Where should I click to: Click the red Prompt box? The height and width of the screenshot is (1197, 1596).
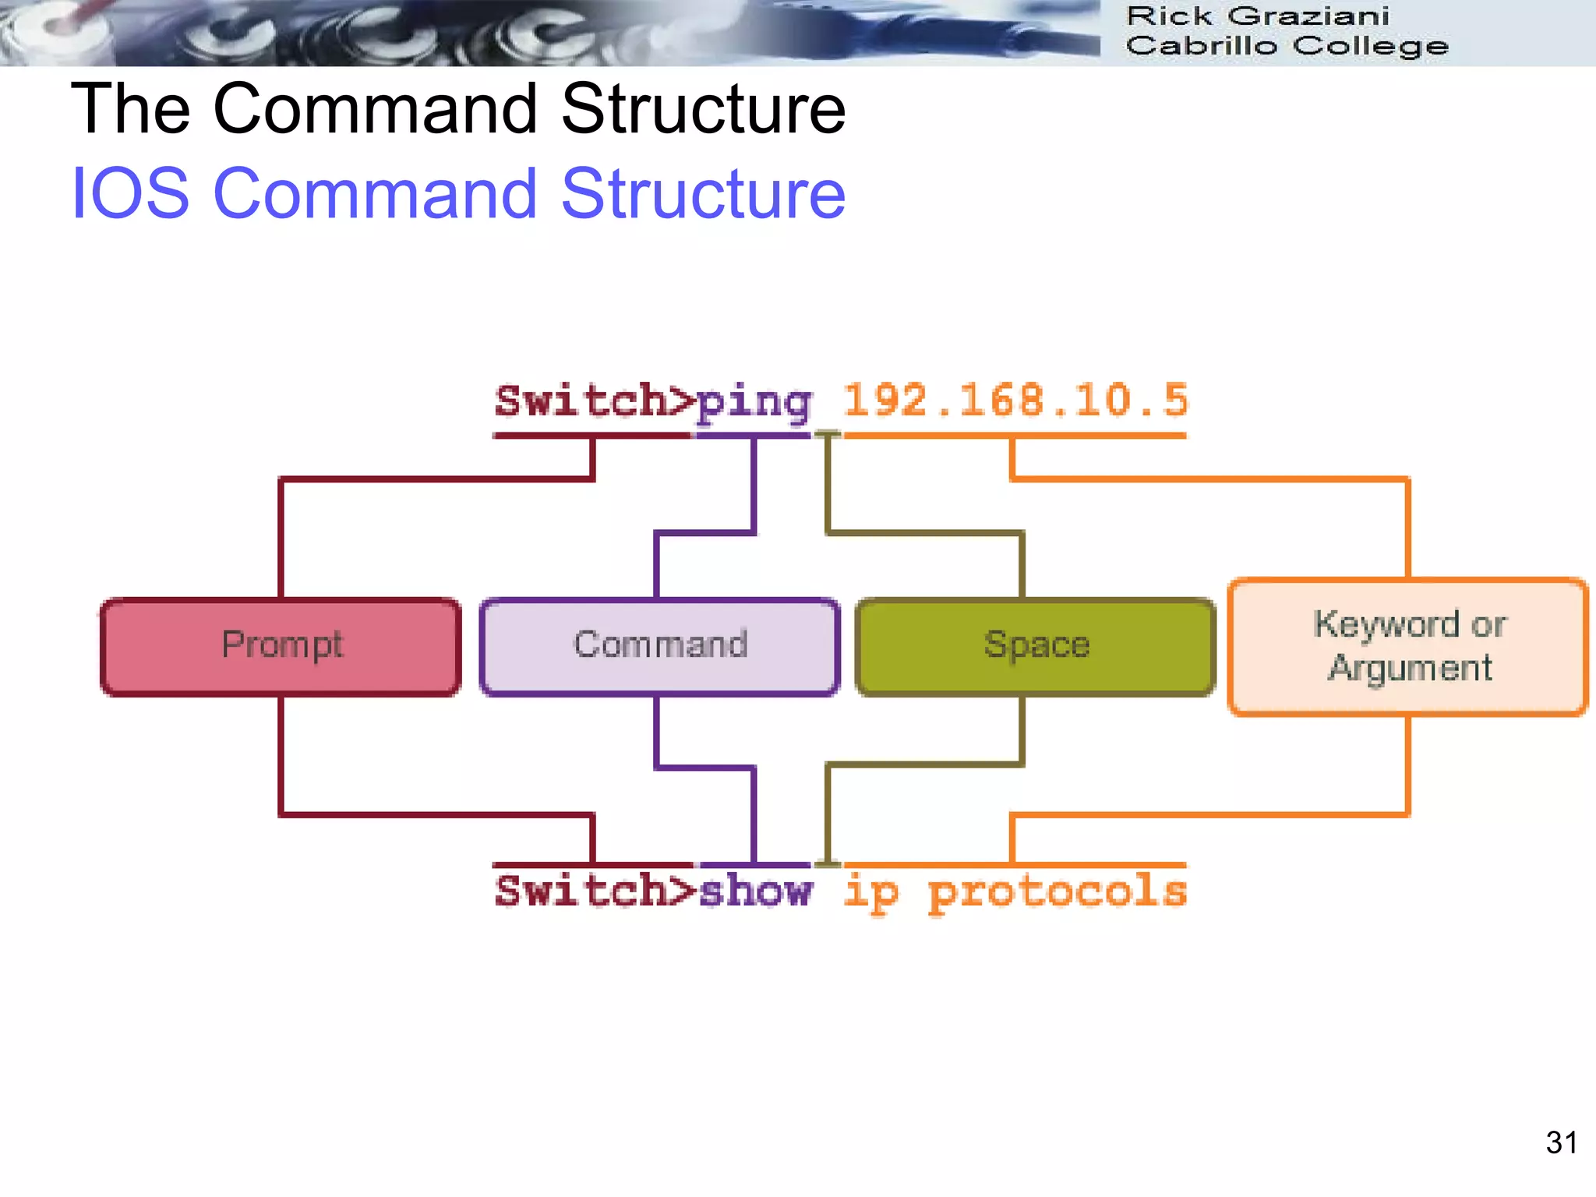pyautogui.click(x=281, y=646)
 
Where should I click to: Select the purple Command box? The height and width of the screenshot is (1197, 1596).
pyautogui.click(x=659, y=646)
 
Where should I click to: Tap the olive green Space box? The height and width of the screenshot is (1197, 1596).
pyautogui.click(x=1036, y=646)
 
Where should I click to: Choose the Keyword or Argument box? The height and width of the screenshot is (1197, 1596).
pyautogui.click(x=1407, y=646)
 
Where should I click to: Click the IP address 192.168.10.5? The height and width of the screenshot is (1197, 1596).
pyautogui.click(x=1015, y=401)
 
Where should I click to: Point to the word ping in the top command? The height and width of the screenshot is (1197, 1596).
pyautogui.click(x=754, y=403)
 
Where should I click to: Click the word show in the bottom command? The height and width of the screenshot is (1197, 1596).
pyautogui.click(x=755, y=891)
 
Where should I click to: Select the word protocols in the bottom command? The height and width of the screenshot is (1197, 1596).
pyautogui.click(x=1058, y=892)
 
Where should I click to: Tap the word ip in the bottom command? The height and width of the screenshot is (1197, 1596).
pyautogui.click(x=870, y=892)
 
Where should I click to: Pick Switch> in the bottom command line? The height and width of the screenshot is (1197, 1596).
pyautogui.click(x=594, y=891)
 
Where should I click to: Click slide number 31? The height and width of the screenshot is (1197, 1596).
pyautogui.click(x=1561, y=1142)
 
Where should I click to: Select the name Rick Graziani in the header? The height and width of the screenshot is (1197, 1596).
pyautogui.click(x=1257, y=16)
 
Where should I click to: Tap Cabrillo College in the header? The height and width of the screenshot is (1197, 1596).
pyautogui.click(x=1287, y=46)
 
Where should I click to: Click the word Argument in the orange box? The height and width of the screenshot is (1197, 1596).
pyautogui.click(x=1409, y=669)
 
